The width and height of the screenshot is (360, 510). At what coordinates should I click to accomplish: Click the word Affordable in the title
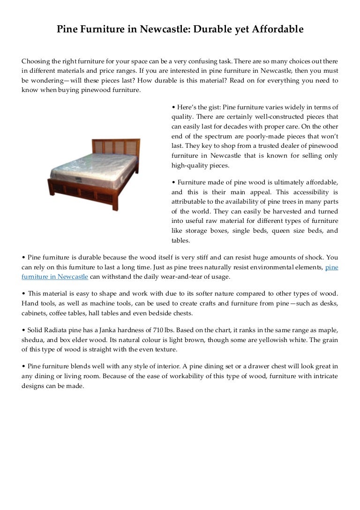pos(278,30)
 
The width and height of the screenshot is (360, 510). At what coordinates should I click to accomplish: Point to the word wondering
pos(48,81)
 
